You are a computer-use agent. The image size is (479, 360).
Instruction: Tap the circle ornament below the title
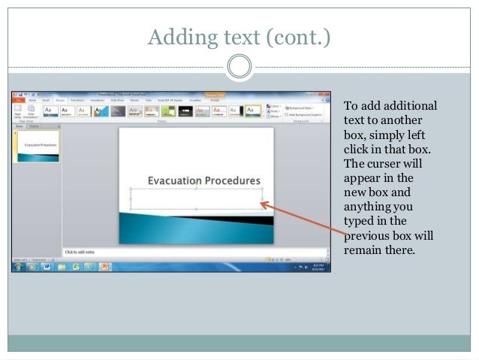coord(239,67)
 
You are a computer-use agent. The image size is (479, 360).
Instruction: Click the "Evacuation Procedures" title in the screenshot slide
coord(203,180)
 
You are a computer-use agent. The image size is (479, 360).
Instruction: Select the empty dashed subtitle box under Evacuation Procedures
coord(196,198)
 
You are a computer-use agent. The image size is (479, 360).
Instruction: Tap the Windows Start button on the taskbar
coord(17,266)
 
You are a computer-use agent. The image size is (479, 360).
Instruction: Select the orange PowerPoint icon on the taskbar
coord(105,266)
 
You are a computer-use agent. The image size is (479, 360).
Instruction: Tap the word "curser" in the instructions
coord(384,164)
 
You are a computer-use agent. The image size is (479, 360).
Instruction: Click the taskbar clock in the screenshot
coord(318,266)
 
